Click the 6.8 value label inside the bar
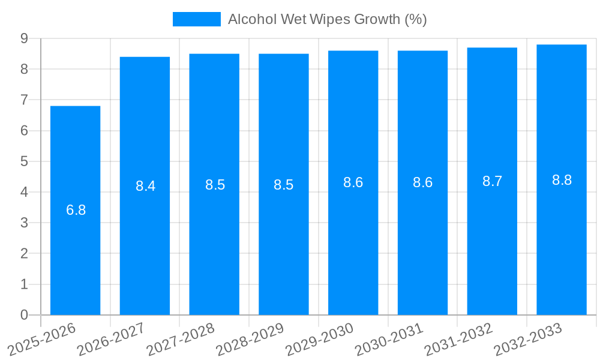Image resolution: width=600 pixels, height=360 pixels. [x=76, y=211]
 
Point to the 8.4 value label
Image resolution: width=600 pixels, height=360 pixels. [x=145, y=186]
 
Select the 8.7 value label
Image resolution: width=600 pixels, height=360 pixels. [x=492, y=182]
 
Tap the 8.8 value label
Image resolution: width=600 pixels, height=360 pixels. [x=562, y=180]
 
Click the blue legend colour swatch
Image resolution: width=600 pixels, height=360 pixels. [x=196, y=19]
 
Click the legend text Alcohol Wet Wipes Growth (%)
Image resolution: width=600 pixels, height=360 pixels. [x=327, y=19]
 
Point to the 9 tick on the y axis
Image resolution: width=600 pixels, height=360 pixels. [x=24, y=38]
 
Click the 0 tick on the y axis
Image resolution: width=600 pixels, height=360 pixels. [x=24, y=315]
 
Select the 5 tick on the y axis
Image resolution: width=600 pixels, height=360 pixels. [x=24, y=161]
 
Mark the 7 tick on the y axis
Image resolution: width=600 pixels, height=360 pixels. [x=24, y=100]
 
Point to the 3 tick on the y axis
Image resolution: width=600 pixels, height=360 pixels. [x=24, y=223]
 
